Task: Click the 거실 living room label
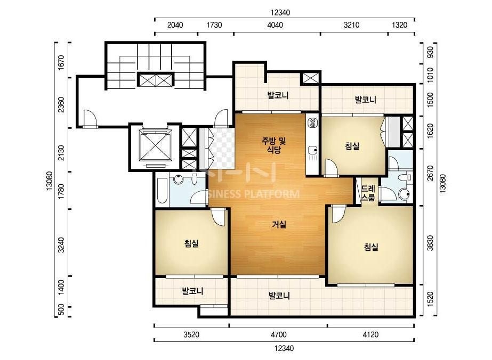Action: tap(279, 225)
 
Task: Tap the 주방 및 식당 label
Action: tap(273, 145)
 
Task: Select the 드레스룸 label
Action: tap(368, 193)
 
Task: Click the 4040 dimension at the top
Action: tap(275, 25)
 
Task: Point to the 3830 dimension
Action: tap(430, 243)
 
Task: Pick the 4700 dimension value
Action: tap(279, 334)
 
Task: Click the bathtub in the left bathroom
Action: tap(162, 190)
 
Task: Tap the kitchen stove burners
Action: tap(312, 122)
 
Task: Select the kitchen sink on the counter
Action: tap(312, 151)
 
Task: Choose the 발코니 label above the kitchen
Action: tap(278, 95)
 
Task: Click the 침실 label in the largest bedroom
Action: tap(371, 247)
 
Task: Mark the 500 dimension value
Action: tap(61, 309)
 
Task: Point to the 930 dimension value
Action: tap(430, 52)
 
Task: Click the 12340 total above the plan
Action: tap(280, 13)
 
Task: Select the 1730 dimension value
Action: tap(214, 25)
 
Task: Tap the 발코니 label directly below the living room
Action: tap(279, 296)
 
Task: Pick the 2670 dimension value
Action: tap(430, 173)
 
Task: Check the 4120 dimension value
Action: tap(370, 334)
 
